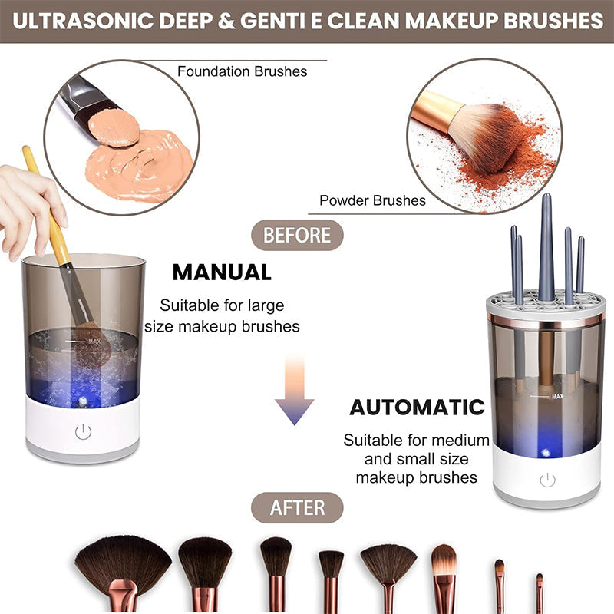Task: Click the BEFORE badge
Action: coord(297,236)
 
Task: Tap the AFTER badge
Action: coord(297,508)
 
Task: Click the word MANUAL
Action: coord(222,272)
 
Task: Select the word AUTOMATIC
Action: coord(418,408)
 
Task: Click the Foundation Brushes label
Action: coord(242,71)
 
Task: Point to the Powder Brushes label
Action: coord(372,201)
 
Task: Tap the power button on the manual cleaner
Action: coord(83,432)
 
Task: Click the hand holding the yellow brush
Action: coord(27,203)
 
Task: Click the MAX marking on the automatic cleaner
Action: coord(558,397)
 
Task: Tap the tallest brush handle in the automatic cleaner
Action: coord(546,246)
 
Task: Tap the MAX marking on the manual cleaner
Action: coord(94,341)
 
